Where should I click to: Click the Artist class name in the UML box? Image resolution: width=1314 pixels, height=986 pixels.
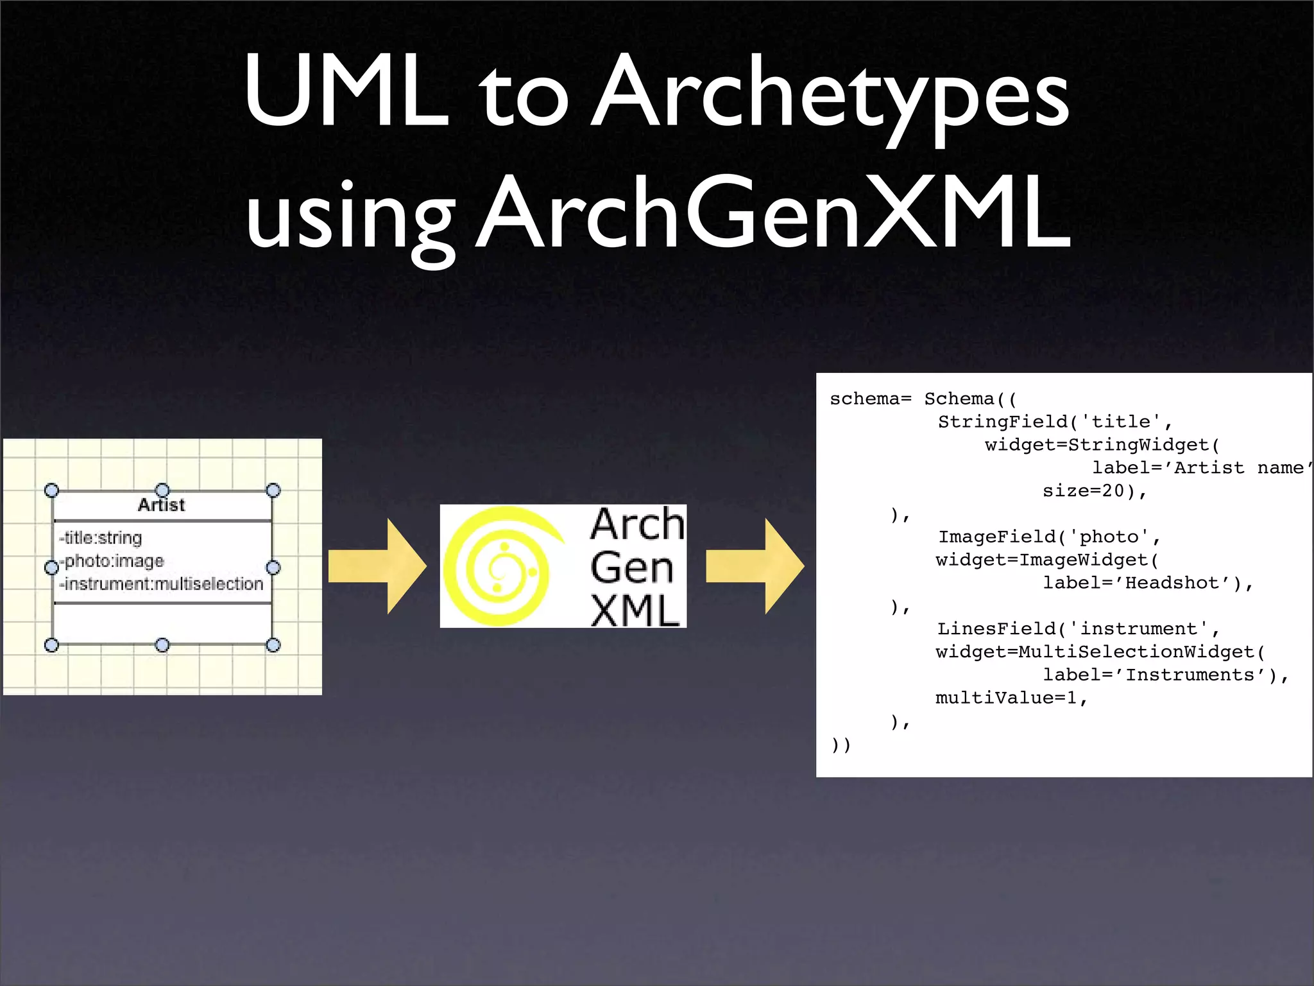click(x=161, y=505)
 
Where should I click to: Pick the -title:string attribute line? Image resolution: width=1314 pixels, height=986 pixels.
click(x=101, y=538)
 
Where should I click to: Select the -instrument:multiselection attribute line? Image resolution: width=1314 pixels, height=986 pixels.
click(x=162, y=584)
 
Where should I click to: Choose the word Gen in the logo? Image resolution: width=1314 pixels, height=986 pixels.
click(x=632, y=567)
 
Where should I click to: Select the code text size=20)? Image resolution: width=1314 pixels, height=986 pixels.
click(x=1095, y=491)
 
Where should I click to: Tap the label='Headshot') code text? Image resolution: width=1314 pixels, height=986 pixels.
click(x=1147, y=583)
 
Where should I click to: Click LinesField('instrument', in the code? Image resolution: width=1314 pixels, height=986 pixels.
click(x=1078, y=628)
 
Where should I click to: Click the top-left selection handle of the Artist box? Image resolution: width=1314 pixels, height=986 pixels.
click(x=52, y=490)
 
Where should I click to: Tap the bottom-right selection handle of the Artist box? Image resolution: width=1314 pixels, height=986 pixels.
click(x=273, y=644)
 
